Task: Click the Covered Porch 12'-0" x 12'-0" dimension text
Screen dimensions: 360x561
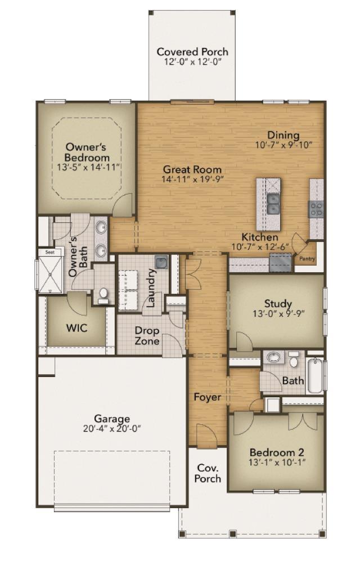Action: [x=193, y=62]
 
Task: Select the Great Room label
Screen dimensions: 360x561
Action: [x=192, y=169]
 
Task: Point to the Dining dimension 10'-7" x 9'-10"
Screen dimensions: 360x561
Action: [x=284, y=145]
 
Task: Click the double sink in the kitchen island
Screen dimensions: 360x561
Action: [x=274, y=204]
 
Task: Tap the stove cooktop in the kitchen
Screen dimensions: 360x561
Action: [x=316, y=209]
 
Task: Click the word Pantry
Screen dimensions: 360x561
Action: [x=307, y=258]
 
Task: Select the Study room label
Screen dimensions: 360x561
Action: [x=278, y=304]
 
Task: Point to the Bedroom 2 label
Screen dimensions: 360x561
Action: [x=277, y=452]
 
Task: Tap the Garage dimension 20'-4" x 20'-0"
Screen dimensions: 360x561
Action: [x=112, y=429]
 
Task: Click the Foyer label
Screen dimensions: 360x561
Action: [x=208, y=397]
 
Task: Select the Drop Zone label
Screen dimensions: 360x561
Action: [x=147, y=335]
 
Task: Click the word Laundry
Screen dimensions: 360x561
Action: [x=151, y=288]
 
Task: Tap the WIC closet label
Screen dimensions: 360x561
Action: [x=76, y=327]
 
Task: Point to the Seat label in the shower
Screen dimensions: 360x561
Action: [x=50, y=252]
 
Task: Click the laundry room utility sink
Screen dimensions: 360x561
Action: [x=162, y=262]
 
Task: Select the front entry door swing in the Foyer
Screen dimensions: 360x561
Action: [x=206, y=435]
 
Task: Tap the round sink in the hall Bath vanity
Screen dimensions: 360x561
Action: [x=273, y=357]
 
